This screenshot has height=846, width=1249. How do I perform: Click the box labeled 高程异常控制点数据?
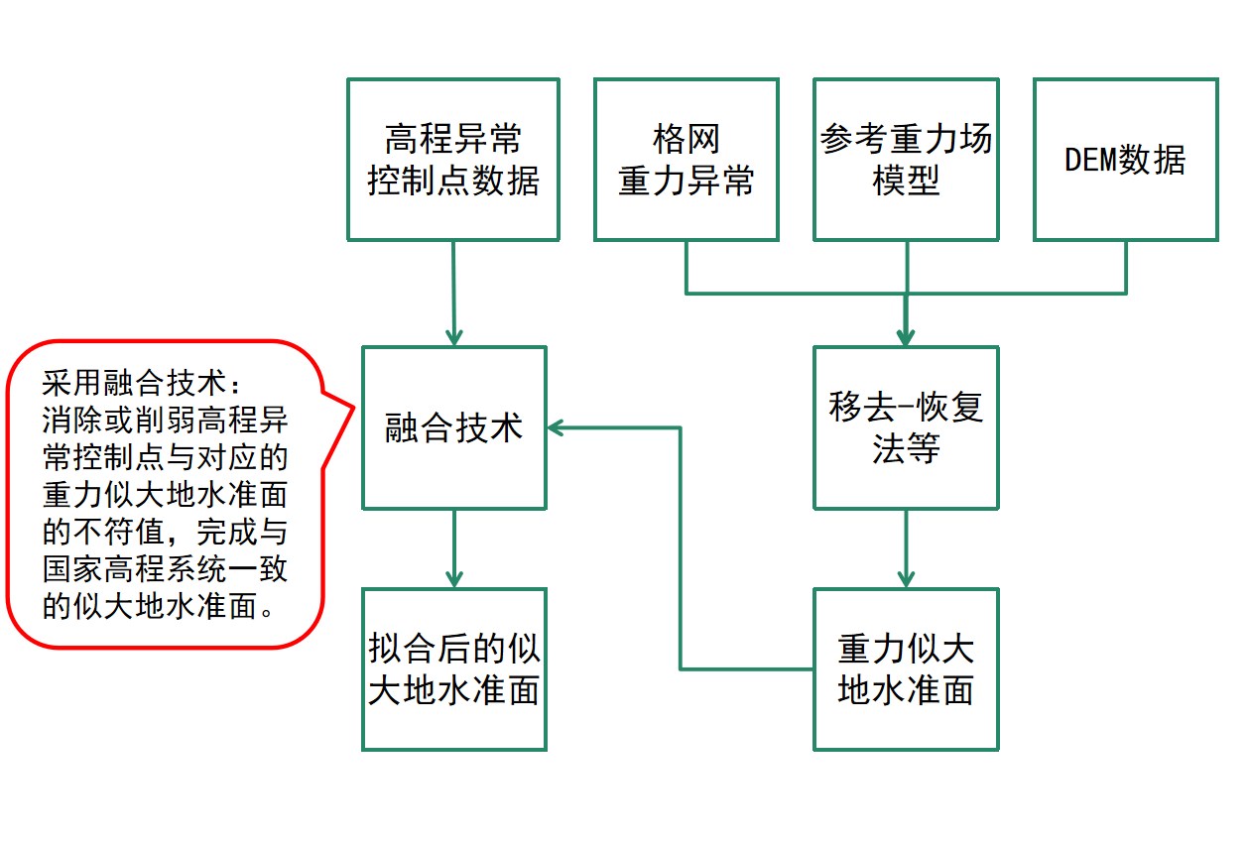point(452,160)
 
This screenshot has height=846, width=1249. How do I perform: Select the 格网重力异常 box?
point(686,160)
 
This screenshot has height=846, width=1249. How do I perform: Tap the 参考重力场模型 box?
point(906,160)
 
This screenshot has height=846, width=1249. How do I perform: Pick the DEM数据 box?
point(1125,160)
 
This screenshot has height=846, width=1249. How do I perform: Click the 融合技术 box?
point(453,427)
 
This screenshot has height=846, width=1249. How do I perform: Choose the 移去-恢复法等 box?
point(906,427)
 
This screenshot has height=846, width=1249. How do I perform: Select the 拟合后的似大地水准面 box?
point(453,669)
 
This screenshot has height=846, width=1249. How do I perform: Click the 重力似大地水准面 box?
point(906,669)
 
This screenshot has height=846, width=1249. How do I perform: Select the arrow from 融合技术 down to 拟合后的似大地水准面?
point(453,545)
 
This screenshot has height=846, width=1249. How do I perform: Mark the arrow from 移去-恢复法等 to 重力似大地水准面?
point(906,545)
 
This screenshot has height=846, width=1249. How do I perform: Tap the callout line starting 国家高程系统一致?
point(166,569)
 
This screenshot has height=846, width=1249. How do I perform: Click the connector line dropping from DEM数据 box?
point(1125,266)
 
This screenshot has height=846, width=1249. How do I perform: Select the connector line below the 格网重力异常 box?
point(686,266)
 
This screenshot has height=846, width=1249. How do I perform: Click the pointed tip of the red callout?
point(354,407)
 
